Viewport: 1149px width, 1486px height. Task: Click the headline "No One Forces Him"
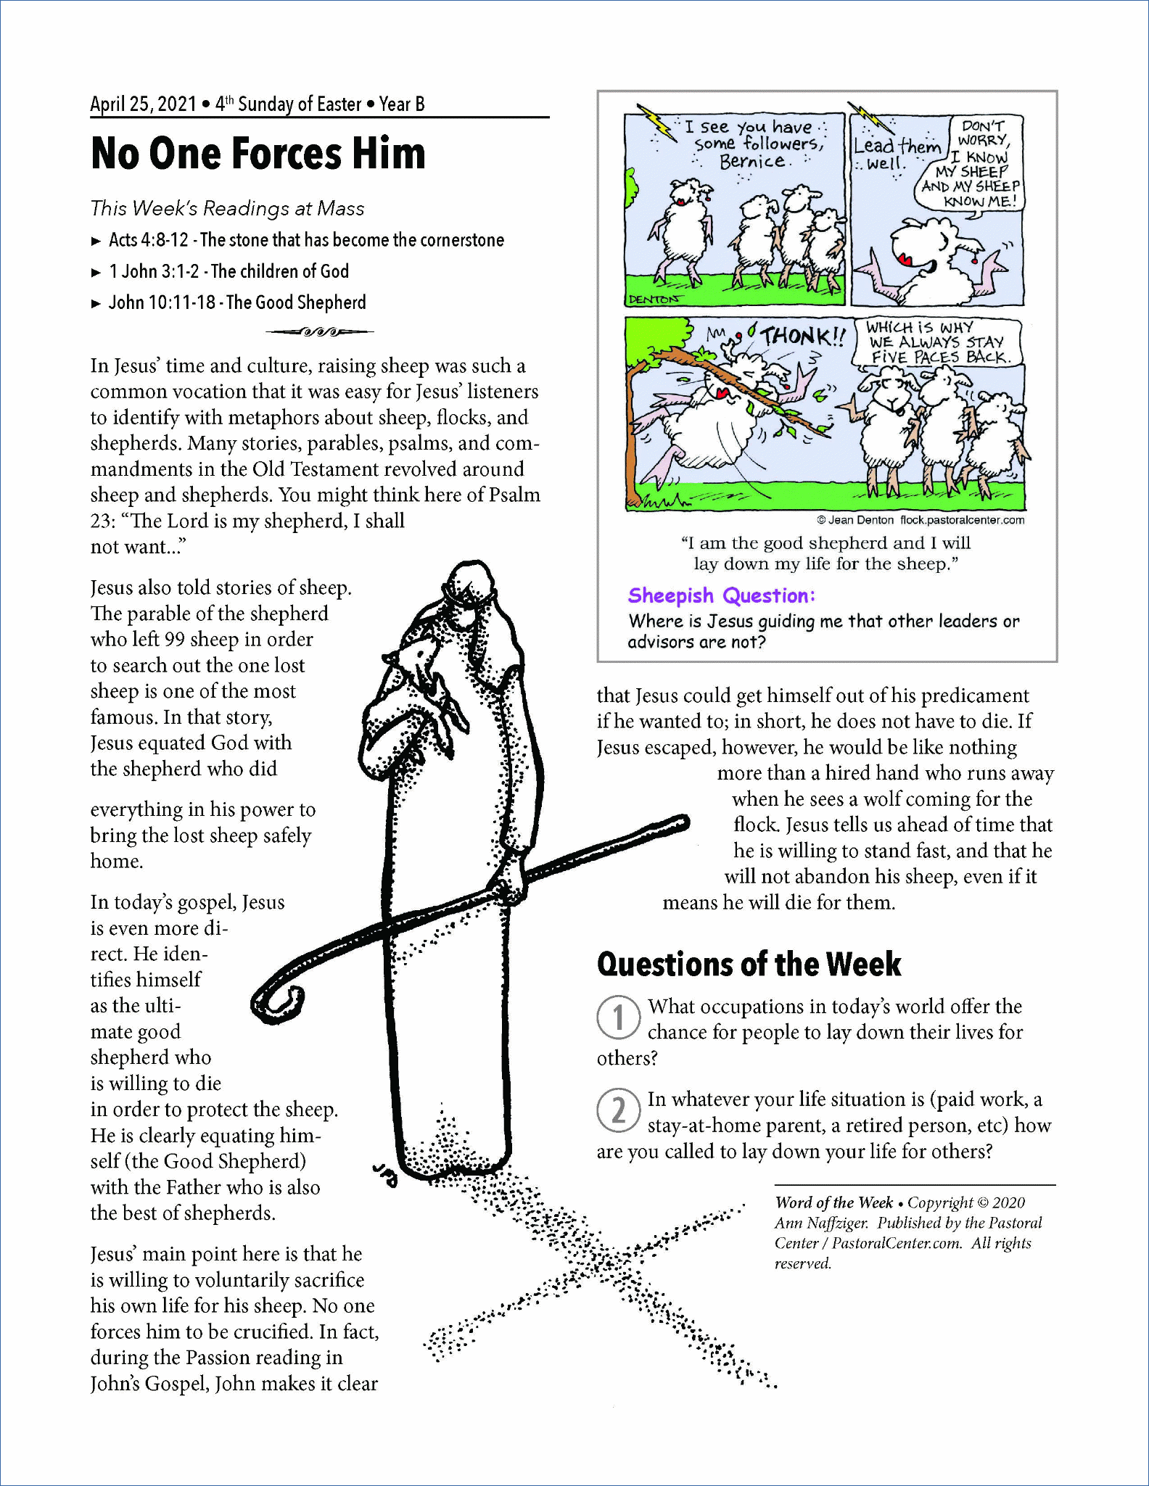[258, 154]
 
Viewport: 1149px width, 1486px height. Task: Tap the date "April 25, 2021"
[143, 104]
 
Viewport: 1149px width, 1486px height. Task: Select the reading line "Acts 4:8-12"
[149, 240]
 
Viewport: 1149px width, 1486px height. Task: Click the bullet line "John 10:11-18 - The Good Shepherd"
[237, 302]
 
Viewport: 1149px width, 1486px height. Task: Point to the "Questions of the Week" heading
[749, 965]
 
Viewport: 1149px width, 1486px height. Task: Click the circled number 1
[618, 1017]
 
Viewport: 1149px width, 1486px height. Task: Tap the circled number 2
[618, 1110]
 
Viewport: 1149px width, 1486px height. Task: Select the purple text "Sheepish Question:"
[721, 595]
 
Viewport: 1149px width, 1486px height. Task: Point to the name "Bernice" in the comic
[751, 162]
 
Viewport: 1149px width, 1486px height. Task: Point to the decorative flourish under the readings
[320, 332]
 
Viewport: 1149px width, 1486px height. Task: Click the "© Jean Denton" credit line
[855, 520]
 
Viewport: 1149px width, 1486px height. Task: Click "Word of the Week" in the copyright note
[833, 1202]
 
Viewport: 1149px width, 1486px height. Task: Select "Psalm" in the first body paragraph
[514, 495]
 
